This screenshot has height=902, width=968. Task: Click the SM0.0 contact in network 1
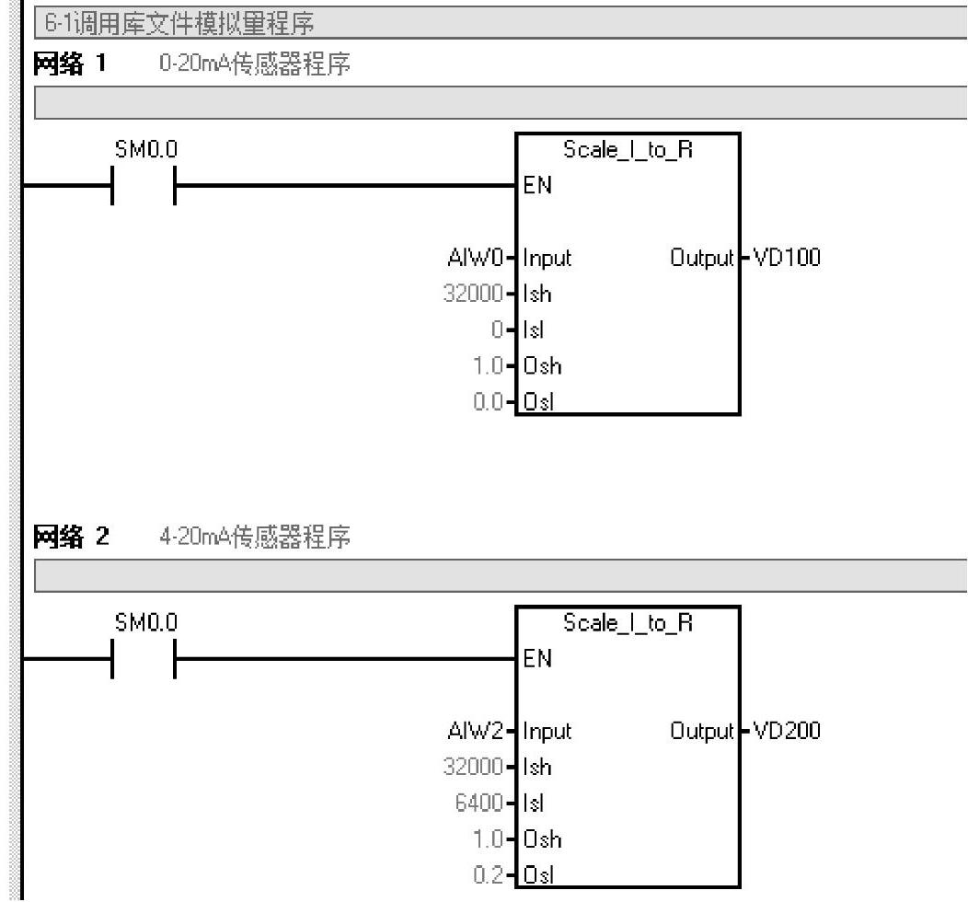pos(143,186)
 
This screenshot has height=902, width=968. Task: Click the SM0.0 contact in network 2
pos(143,659)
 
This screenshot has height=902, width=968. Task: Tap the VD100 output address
pos(787,258)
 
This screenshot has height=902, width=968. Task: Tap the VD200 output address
pos(787,731)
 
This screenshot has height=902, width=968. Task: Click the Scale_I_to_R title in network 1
pos(628,152)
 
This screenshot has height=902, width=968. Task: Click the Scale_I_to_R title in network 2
pos(628,625)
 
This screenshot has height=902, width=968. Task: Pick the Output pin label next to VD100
pos(703,258)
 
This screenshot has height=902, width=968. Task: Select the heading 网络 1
pos(71,67)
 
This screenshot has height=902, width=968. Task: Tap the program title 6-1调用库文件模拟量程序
pos(175,18)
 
